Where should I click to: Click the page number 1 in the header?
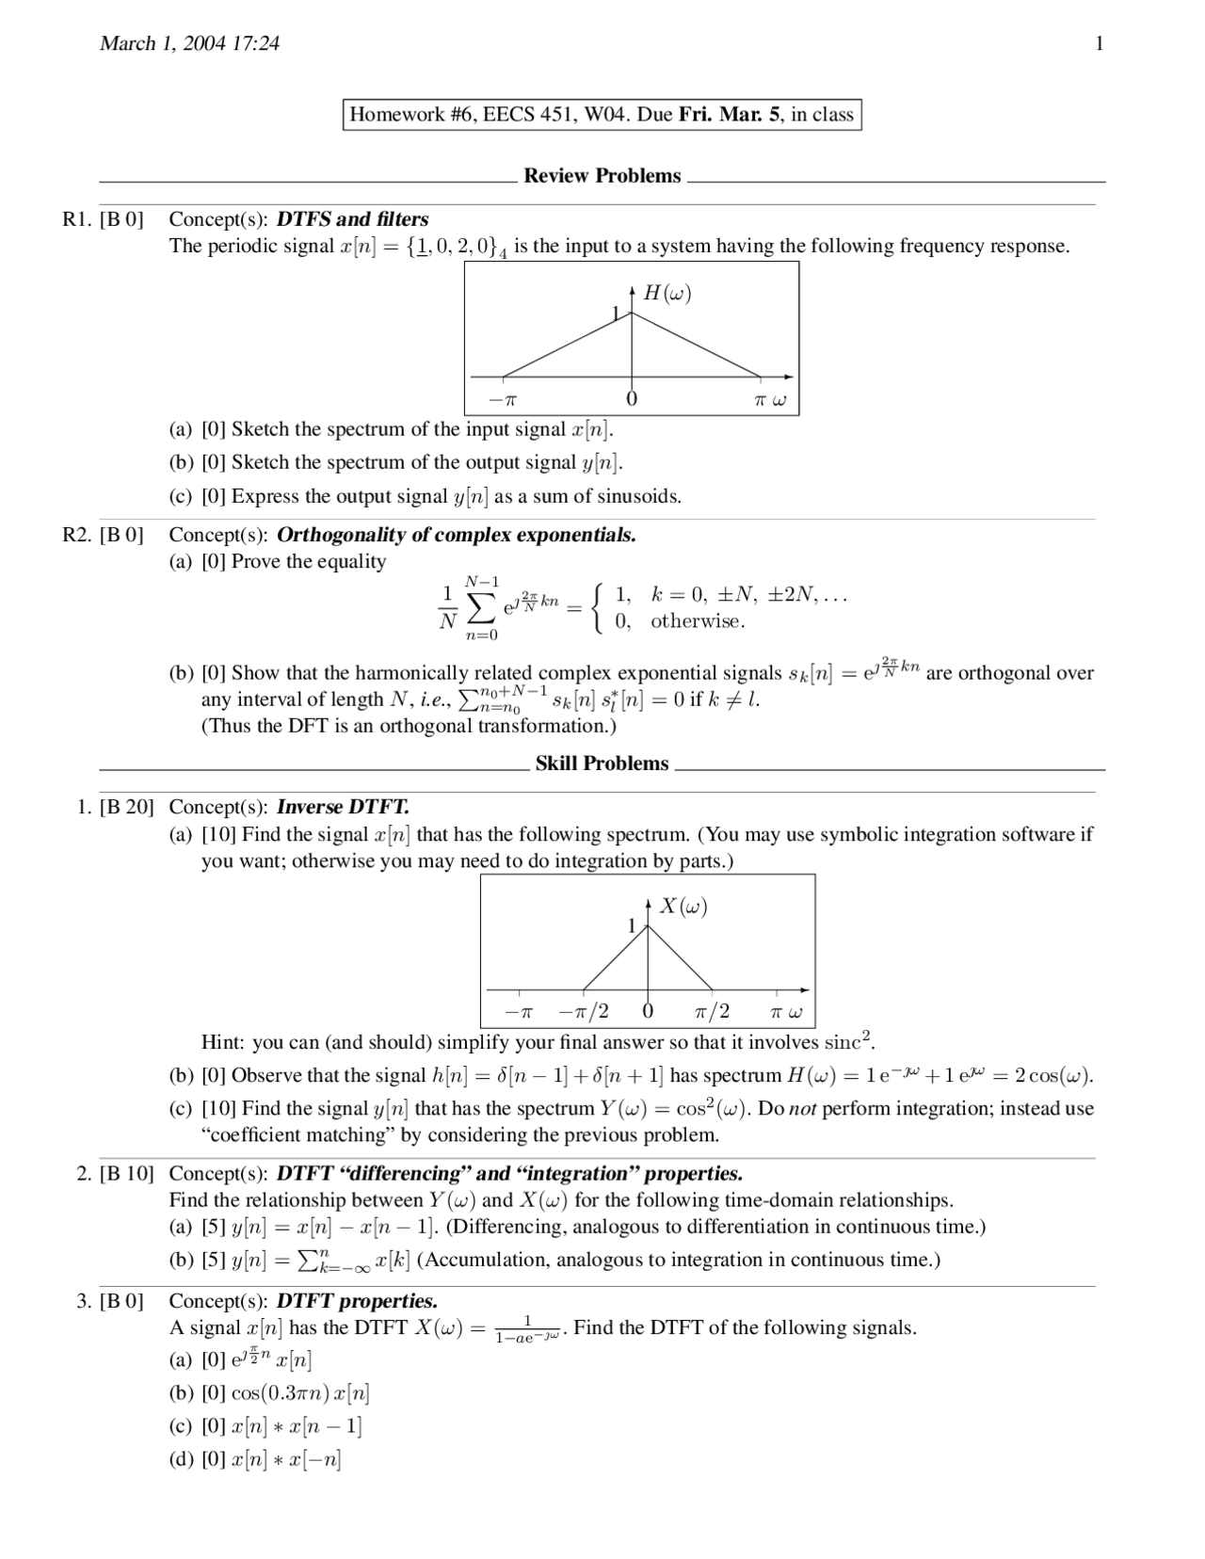[1099, 43]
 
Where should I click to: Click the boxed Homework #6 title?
[602, 115]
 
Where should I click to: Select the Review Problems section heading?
[602, 176]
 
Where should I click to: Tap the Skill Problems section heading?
[602, 763]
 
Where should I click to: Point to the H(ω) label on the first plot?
[667, 293]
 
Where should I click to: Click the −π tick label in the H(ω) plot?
[503, 399]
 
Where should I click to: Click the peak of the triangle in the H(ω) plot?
[632, 313]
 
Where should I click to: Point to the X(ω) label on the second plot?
[683, 906]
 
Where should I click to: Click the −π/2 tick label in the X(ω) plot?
[584, 1012]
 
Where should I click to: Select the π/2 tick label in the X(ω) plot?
[712, 1012]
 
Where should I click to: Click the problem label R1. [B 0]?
[103, 219]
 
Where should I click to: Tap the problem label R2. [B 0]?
[103, 535]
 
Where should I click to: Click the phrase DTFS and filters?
[352, 219]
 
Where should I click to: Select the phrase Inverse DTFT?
[343, 807]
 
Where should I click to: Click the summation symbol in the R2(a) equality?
[481, 609]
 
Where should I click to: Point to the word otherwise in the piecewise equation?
[698, 621]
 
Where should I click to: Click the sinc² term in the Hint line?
[848, 1041]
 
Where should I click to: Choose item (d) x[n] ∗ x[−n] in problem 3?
[271, 1460]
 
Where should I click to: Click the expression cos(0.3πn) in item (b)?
[280, 1394]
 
